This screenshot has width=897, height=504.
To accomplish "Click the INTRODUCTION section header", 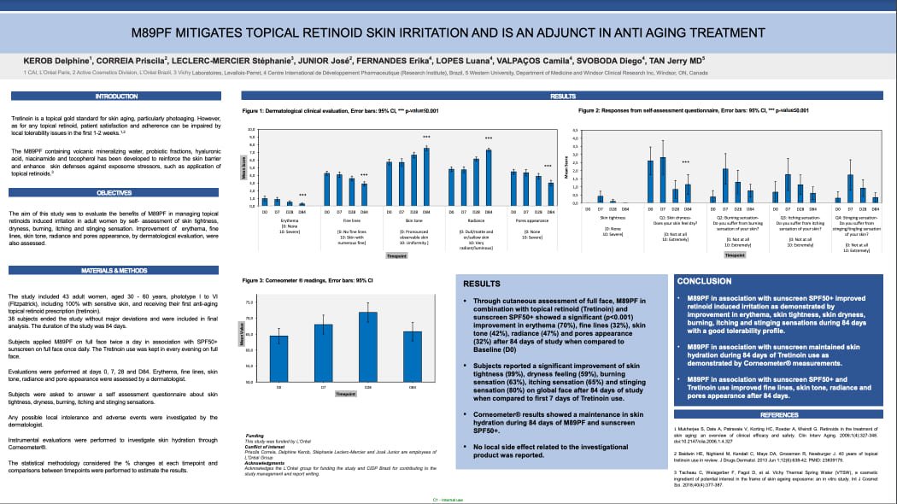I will [x=115, y=97].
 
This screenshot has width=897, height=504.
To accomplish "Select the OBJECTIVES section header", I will [x=115, y=193].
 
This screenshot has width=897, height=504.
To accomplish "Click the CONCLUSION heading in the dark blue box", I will [x=704, y=281].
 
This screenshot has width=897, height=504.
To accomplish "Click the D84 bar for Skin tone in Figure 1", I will [x=426, y=177].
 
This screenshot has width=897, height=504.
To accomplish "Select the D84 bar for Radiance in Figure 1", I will [x=489, y=178].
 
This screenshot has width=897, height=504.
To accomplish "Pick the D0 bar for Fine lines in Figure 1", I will [x=326, y=189].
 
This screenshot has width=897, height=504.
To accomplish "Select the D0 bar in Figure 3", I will [x=278, y=359].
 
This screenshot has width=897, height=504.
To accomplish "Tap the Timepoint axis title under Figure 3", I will [x=345, y=395].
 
